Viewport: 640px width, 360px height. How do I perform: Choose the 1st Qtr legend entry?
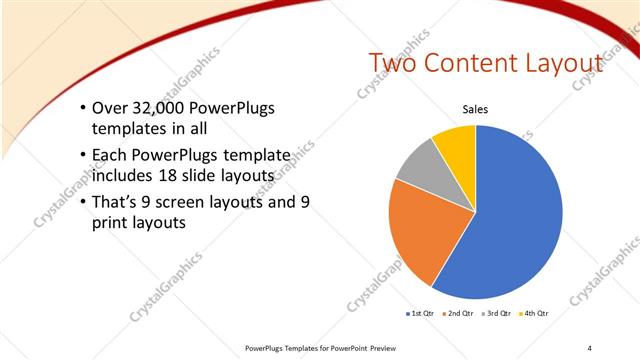coord(420,313)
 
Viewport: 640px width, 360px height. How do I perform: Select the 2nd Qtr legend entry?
coord(459,313)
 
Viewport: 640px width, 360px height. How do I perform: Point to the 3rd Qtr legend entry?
coord(498,313)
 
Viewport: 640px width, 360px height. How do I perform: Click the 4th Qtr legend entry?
coord(536,313)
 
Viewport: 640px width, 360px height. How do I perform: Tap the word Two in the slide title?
coord(392,63)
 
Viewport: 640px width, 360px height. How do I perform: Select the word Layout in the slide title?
coord(566,63)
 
